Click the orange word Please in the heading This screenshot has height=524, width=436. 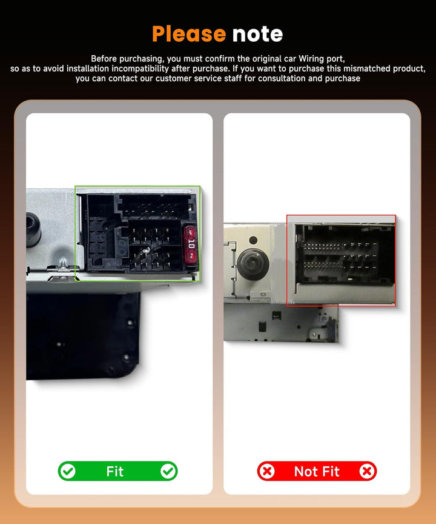point(189,35)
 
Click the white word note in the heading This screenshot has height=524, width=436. point(257,34)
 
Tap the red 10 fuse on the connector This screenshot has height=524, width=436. point(191,244)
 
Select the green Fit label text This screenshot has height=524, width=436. point(115,471)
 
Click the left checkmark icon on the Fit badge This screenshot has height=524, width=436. point(68,471)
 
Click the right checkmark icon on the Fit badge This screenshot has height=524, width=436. point(168,471)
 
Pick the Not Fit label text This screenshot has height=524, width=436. point(317,471)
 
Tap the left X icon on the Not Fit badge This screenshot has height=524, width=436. point(266,471)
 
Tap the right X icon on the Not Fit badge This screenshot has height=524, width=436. point(367,471)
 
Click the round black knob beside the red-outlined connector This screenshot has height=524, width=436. point(253,263)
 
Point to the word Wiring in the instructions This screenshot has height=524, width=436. point(311,59)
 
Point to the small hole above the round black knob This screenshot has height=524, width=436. point(253,240)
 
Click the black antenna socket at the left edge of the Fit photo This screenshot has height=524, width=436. point(33,229)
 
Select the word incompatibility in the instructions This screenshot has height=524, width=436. point(140,69)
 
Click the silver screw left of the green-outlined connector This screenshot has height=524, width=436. point(63,264)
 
